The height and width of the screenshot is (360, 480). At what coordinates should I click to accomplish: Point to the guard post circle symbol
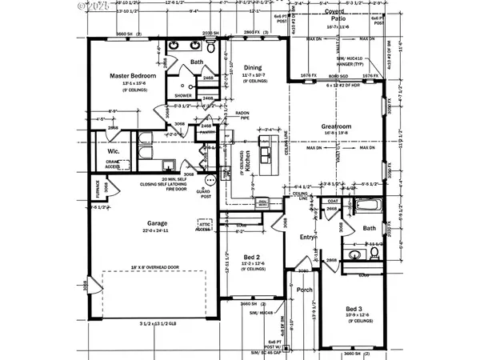coord(211,180)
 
